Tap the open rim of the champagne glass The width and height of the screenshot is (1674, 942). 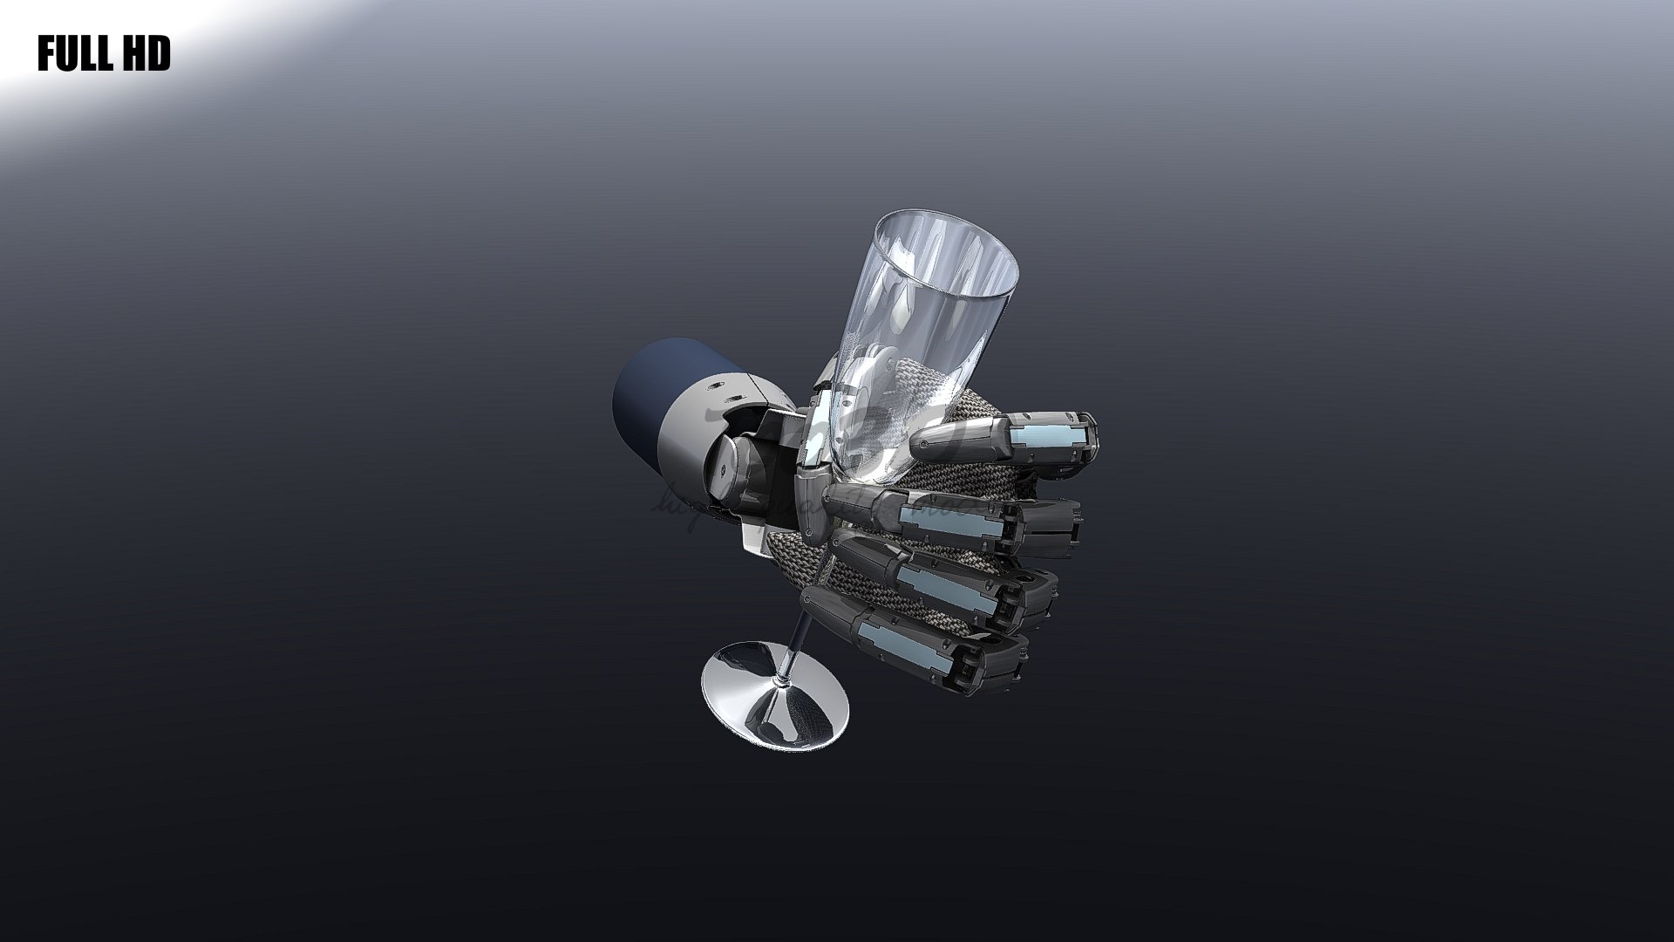click(x=946, y=253)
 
